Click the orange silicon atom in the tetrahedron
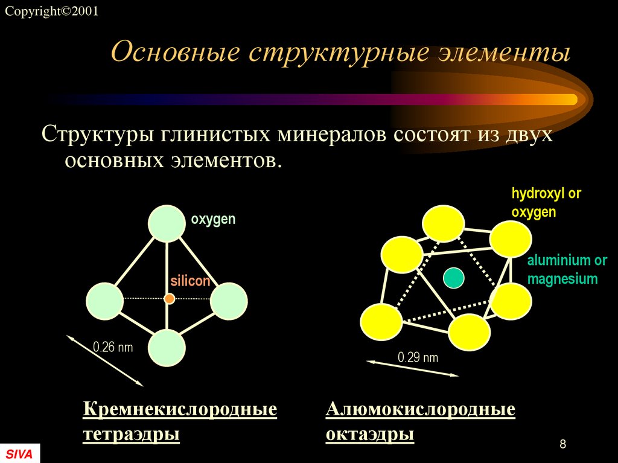[x=170, y=298]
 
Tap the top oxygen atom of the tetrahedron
[x=167, y=223]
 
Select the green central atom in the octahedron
[x=453, y=278]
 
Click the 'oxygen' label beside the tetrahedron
[x=213, y=219]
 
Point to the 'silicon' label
[x=190, y=281]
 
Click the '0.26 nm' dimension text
[x=112, y=347]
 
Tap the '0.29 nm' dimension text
[x=418, y=357]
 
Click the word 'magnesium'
[x=562, y=279]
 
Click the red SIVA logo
[x=19, y=453]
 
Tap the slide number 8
[x=562, y=444]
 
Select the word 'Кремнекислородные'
[x=180, y=410]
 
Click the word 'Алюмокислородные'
[x=421, y=410]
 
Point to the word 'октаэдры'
[x=370, y=434]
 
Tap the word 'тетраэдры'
[x=131, y=434]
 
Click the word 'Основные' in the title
[x=174, y=53]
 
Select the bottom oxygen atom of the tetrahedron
[x=167, y=348]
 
